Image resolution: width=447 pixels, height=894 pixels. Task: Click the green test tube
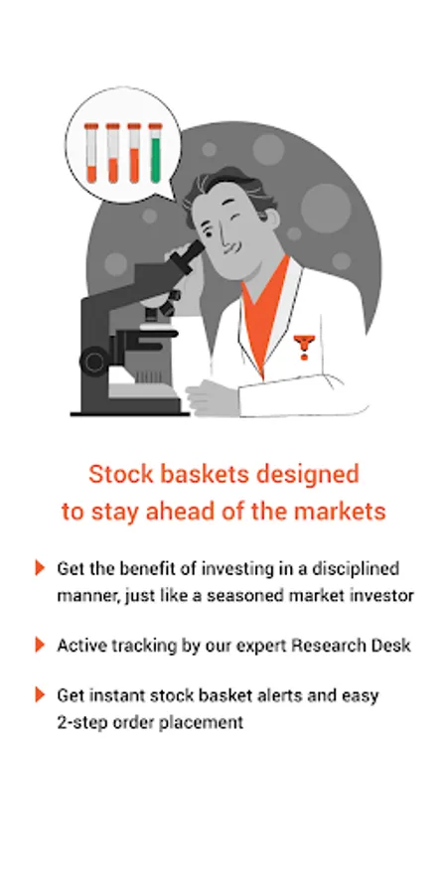tap(155, 153)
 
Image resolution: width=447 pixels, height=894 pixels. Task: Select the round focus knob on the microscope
tap(93, 362)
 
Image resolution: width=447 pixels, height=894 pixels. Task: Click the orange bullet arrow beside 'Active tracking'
tap(40, 645)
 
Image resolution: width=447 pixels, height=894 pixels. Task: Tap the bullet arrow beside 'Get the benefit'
tap(40, 568)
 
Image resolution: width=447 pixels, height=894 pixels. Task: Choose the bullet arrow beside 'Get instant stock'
tap(40, 695)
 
